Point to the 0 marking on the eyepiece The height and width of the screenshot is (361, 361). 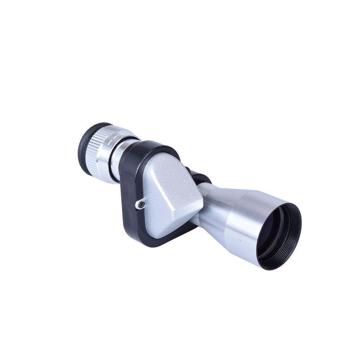coord(122,134)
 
